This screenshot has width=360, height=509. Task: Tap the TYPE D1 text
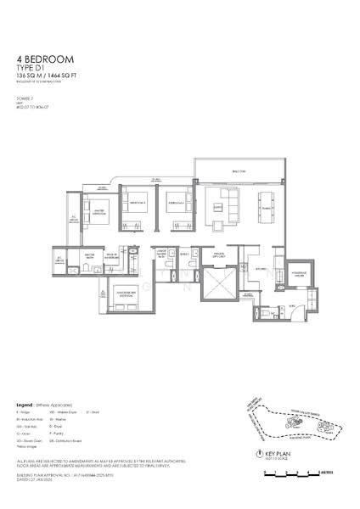(x=31, y=69)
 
